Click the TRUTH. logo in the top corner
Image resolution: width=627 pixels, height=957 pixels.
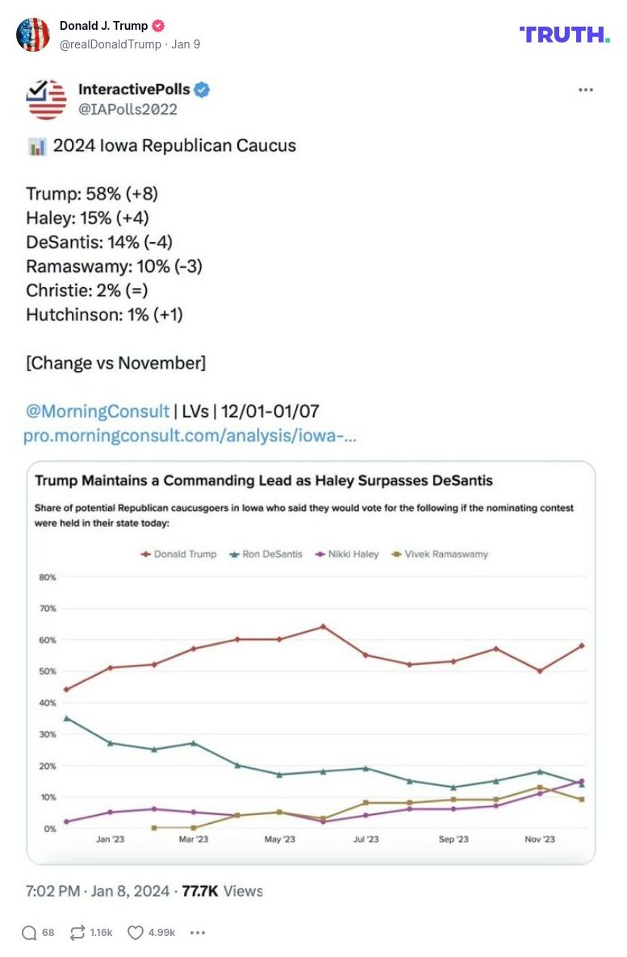click(x=564, y=34)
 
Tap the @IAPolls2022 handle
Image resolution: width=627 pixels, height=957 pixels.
click(x=127, y=109)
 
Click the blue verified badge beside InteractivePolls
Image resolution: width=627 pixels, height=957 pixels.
click(x=202, y=90)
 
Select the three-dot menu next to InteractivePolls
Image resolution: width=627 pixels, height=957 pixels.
click(x=585, y=90)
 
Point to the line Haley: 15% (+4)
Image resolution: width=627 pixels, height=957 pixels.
click(x=87, y=218)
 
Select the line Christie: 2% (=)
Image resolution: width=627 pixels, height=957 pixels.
click(x=86, y=290)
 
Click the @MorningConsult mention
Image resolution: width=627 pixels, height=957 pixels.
click(x=98, y=411)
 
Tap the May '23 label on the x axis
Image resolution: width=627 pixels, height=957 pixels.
click(x=279, y=839)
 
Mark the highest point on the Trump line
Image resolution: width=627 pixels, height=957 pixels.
click(x=323, y=626)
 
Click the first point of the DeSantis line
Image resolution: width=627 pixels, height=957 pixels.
click(x=66, y=718)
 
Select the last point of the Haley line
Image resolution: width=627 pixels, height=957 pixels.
click(x=581, y=781)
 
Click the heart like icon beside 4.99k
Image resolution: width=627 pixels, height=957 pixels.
click(x=136, y=933)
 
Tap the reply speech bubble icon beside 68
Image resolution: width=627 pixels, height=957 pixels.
click(x=29, y=933)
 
